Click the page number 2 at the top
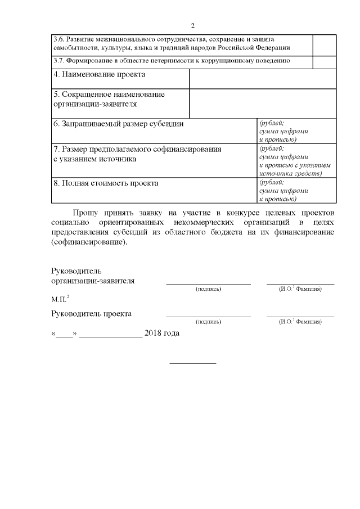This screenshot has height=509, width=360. pos(192,26)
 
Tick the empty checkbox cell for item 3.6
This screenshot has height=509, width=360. pos(324,44)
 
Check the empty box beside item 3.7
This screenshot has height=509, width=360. pos(324,61)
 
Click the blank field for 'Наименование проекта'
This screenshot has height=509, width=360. pos(263,79)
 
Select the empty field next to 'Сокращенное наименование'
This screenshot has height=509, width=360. pos(263,103)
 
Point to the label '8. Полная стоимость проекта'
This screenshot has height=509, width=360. pos(106,183)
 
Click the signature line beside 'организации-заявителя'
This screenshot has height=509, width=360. pos(208,283)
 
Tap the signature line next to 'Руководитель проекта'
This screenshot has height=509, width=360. pos(208,316)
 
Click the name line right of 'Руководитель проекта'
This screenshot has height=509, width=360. pos(300,316)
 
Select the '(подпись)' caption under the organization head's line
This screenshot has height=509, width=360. pos(208,289)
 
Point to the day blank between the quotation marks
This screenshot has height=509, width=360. pos(65,334)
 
